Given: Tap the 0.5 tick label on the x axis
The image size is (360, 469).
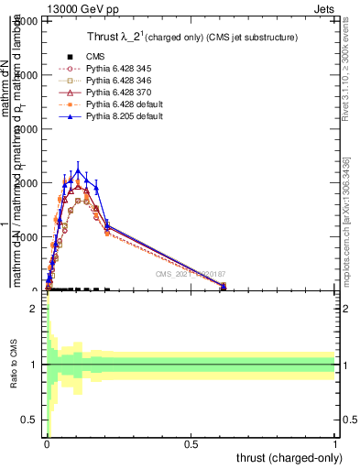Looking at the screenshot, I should click(x=191, y=443).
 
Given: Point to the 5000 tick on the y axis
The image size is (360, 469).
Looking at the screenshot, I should click(x=30, y=21).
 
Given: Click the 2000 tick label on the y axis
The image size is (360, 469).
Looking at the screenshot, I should click(x=30, y=183).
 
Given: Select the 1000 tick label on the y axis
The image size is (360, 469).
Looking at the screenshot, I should click(x=30, y=237).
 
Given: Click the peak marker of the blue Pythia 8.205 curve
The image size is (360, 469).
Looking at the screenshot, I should click(x=79, y=171).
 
